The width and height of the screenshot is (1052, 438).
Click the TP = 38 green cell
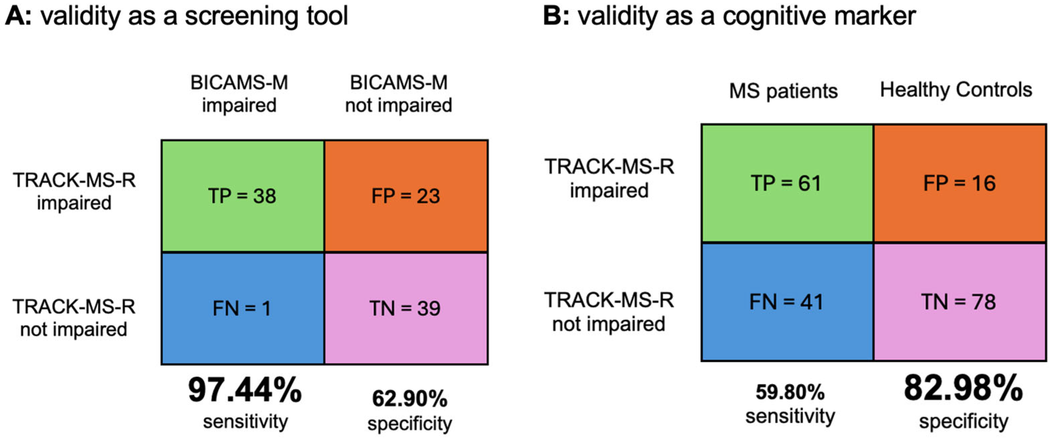pos(243,196)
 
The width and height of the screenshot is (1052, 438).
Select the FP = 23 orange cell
pos(406,196)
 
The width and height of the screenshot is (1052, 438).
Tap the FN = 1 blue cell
pos(243,309)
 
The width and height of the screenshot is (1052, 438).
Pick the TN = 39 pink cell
pos(406,309)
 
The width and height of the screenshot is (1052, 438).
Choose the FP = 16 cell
pos(960,183)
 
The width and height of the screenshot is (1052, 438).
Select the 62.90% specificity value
pos(410,399)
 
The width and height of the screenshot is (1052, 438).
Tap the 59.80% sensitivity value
pos(790,392)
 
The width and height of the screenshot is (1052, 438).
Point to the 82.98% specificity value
pos(963,388)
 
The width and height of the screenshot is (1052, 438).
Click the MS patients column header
pos(783,91)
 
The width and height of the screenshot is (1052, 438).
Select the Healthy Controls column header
pos(956,90)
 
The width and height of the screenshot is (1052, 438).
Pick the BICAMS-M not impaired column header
pos(399,94)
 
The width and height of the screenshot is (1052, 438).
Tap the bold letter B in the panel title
pos(553,16)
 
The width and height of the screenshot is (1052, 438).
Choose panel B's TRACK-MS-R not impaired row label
pos(609,312)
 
